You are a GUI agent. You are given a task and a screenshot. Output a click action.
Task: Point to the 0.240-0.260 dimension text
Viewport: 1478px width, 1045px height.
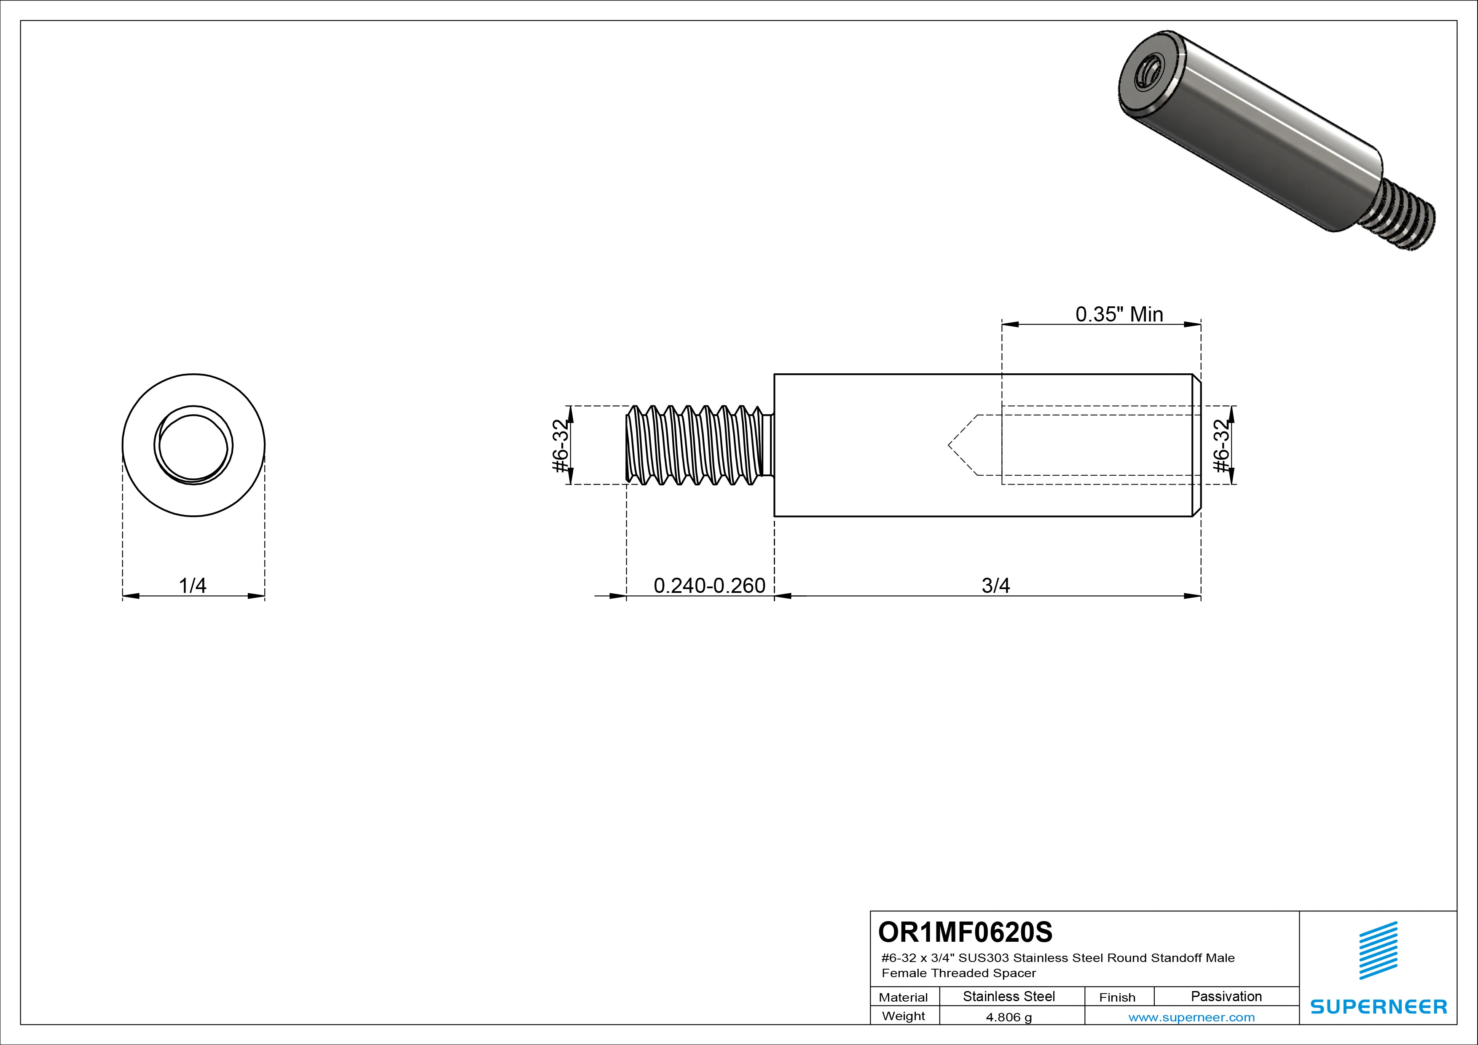click(x=709, y=586)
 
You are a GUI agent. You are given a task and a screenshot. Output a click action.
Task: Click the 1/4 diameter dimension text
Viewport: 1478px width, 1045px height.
click(x=193, y=586)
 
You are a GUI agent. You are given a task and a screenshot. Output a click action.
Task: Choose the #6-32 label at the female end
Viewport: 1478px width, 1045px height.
click(x=1221, y=445)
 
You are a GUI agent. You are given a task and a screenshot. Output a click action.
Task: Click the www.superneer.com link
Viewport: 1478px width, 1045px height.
click(x=1191, y=1017)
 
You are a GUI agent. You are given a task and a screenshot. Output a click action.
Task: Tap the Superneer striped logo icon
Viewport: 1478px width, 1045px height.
click(x=1378, y=951)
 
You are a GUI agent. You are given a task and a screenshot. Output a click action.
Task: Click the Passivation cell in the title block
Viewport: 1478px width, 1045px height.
click(x=1226, y=996)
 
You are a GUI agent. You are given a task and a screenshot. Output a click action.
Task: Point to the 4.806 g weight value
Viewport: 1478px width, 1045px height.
click(x=1009, y=1017)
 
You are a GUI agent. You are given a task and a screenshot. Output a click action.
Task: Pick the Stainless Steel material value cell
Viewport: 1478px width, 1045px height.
click(x=1009, y=996)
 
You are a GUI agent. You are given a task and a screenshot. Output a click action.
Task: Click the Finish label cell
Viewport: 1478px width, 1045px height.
click(x=1117, y=997)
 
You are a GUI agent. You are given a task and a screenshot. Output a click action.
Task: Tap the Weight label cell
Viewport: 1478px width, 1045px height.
click(x=903, y=1016)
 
